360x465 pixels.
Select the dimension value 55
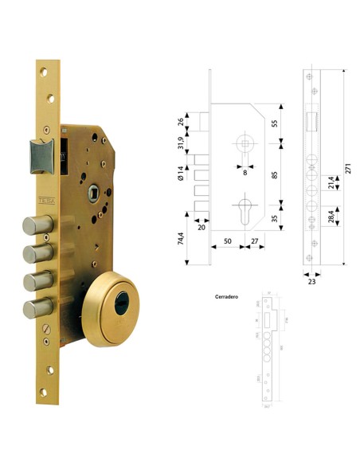point(275,123)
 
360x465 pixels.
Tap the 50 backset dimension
point(228,239)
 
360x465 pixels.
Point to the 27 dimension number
point(253,239)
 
